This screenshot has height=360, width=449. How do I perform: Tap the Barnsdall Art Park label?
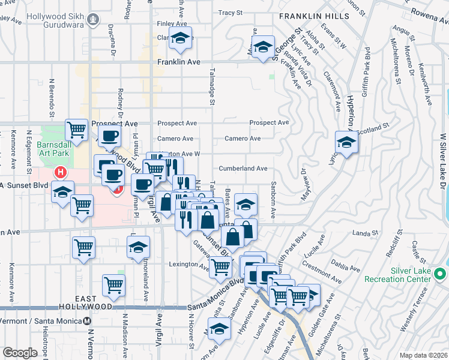pos(54,149)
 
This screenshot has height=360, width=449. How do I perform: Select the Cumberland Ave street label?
pos(243,169)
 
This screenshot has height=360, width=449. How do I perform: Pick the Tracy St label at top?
pos(230,12)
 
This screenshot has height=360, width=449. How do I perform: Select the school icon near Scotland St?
pos(346,143)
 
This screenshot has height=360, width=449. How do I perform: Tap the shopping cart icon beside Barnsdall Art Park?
pos(77,128)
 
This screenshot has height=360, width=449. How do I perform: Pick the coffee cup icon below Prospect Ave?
pos(109,136)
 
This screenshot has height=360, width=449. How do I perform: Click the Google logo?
pos(20,353)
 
